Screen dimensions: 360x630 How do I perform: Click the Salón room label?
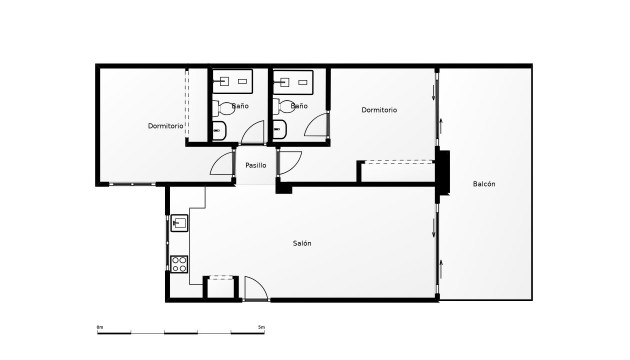click(x=301, y=244)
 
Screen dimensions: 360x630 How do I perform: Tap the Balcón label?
click(x=485, y=183)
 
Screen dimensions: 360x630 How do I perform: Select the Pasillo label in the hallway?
click(x=255, y=165)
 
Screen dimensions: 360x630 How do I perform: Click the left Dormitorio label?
click(x=165, y=126)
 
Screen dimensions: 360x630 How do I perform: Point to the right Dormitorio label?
click(x=379, y=110)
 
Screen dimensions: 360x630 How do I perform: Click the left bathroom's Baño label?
click(x=240, y=105)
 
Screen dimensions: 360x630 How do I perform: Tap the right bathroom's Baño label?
click(x=298, y=105)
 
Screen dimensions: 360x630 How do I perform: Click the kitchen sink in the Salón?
click(x=180, y=222)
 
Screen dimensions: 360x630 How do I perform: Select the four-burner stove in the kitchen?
click(x=180, y=265)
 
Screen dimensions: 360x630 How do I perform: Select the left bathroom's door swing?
click(x=253, y=133)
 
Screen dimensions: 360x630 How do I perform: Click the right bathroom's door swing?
click(x=318, y=126)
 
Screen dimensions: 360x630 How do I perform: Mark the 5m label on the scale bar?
click(x=261, y=327)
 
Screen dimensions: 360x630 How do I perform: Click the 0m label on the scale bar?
click(x=100, y=327)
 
